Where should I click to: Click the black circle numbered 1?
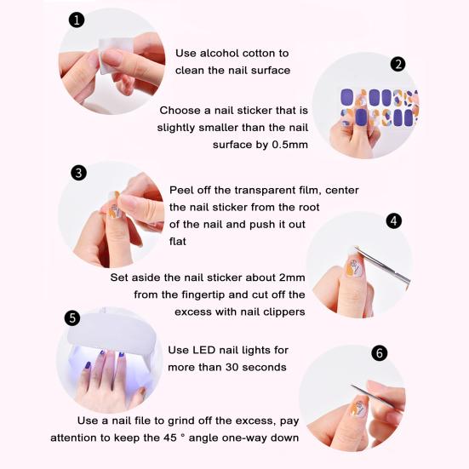(77, 20)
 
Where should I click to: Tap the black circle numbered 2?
(398, 64)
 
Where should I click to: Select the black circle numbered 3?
(78, 173)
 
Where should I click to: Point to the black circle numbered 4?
(394, 220)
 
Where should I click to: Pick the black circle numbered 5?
(72, 317)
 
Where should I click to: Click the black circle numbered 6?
(380, 353)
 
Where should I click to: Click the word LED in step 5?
(203, 350)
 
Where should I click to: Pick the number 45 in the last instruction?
(170, 438)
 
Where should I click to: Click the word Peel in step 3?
(182, 190)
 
